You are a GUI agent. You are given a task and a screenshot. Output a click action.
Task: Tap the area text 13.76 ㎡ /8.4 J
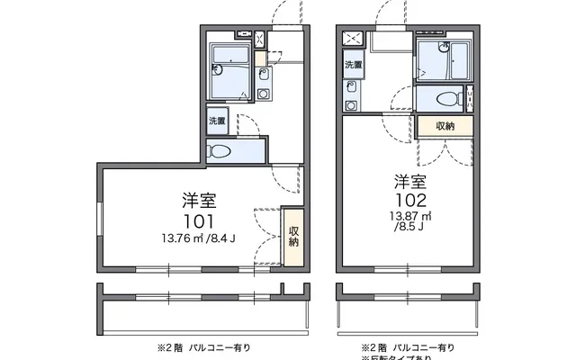(198, 238)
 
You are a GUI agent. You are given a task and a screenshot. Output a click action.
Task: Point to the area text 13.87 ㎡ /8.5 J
(410, 221)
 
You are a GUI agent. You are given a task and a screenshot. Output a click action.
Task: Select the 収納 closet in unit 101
(293, 236)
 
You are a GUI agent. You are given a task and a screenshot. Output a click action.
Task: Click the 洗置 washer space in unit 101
(218, 121)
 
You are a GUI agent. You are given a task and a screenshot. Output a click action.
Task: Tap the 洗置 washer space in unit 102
(353, 65)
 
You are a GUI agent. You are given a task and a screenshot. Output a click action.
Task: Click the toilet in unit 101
(222, 151)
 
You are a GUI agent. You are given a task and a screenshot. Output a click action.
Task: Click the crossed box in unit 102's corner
(353, 39)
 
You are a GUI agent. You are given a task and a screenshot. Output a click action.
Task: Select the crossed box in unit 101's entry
(260, 39)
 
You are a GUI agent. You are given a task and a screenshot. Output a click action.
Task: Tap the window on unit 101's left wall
(99, 215)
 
